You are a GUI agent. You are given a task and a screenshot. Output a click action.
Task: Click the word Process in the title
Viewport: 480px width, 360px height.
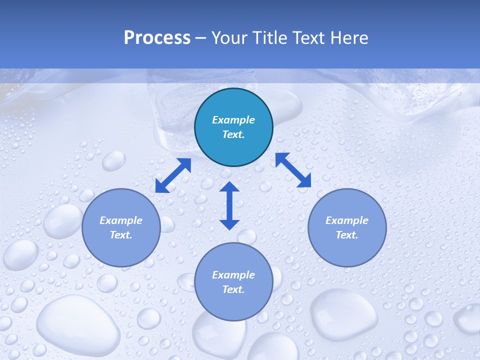point(157,38)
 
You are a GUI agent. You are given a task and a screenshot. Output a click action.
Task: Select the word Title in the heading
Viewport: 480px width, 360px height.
point(272,38)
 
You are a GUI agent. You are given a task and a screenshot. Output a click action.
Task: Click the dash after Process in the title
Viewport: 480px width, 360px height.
point(201,38)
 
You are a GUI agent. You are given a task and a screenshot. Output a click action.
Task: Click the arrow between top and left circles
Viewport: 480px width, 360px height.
point(173,175)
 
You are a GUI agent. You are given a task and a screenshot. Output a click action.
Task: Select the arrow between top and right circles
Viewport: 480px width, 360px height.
point(293,170)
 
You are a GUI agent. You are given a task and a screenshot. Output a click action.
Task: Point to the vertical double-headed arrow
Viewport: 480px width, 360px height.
point(229,205)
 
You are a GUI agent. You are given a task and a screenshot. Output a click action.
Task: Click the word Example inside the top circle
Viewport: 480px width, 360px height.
point(233,120)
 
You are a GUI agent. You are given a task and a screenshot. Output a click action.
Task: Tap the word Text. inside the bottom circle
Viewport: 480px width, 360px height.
point(233,289)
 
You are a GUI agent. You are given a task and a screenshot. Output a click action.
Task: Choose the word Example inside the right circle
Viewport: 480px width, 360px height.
point(347,220)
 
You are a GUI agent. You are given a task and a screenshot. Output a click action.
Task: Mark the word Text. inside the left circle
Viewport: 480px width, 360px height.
point(121,235)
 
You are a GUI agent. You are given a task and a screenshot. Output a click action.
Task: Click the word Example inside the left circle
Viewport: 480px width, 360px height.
point(121,220)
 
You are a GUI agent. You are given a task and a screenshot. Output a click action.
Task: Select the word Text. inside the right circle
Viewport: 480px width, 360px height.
point(347,235)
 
